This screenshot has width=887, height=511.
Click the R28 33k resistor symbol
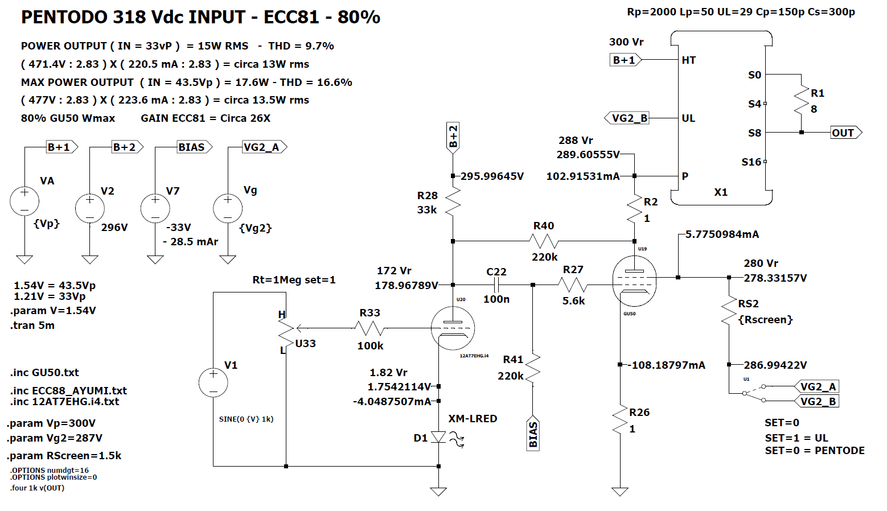click(453, 203)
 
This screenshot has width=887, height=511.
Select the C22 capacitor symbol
click(496, 285)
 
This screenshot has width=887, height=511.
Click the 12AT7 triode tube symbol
click(453, 328)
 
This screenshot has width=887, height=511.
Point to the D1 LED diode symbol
click(438, 437)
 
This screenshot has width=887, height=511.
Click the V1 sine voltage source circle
click(213, 382)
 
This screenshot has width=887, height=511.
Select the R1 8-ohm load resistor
click(802, 100)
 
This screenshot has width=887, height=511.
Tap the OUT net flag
click(845, 133)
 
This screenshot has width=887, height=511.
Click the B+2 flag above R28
click(453, 137)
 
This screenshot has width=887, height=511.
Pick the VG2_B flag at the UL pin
click(627, 118)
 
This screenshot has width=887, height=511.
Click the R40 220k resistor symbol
click(544, 241)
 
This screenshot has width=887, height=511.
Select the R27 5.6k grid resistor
click(573, 285)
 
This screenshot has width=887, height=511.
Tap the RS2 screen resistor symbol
click(729, 311)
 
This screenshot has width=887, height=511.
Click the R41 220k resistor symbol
click(532, 368)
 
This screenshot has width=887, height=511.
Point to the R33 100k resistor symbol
click(370, 328)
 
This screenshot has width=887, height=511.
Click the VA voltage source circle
click(24, 201)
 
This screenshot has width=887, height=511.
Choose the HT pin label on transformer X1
click(688, 60)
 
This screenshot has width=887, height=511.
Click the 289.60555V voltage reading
click(588, 155)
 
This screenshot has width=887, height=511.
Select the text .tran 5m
click(32, 325)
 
